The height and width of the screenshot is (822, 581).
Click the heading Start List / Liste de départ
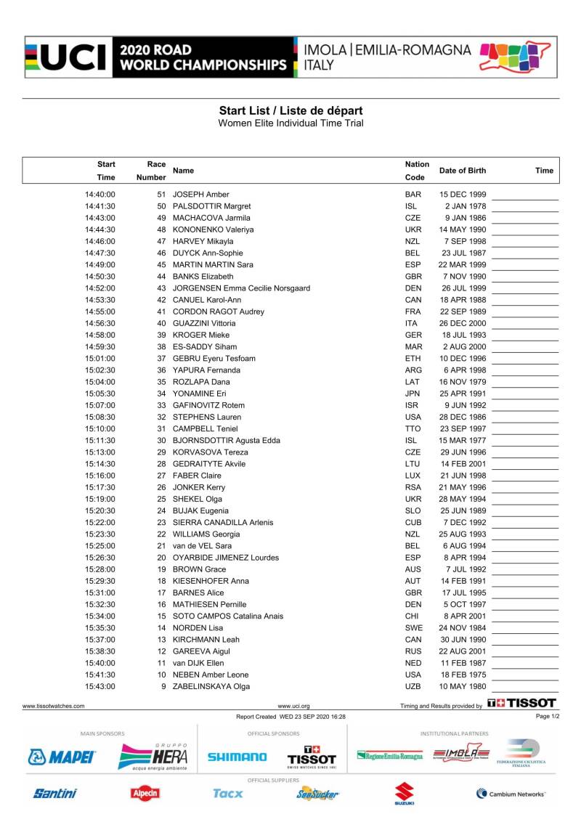tap(290, 110)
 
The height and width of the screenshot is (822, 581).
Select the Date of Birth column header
tap(463, 171)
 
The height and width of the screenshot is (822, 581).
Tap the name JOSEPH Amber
tap(201, 195)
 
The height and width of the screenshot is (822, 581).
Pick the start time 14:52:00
tap(100, 288)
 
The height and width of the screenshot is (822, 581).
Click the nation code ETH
tap(413, 359)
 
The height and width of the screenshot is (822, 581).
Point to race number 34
tap(161, 394)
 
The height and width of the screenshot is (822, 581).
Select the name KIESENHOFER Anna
tap(211, 581)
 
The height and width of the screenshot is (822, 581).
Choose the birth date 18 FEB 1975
tap(463, 675)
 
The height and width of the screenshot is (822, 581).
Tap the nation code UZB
tap(413, 686)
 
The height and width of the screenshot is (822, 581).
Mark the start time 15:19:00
tap(100, 499)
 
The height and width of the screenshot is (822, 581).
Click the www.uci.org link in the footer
tap(294, 705)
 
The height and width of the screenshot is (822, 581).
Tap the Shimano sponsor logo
tap(237, 757)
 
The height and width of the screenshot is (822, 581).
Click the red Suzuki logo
tap(404, 794)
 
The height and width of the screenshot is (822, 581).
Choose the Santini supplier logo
tap(54, 794)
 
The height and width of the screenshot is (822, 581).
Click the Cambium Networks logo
tap(511, 794)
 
